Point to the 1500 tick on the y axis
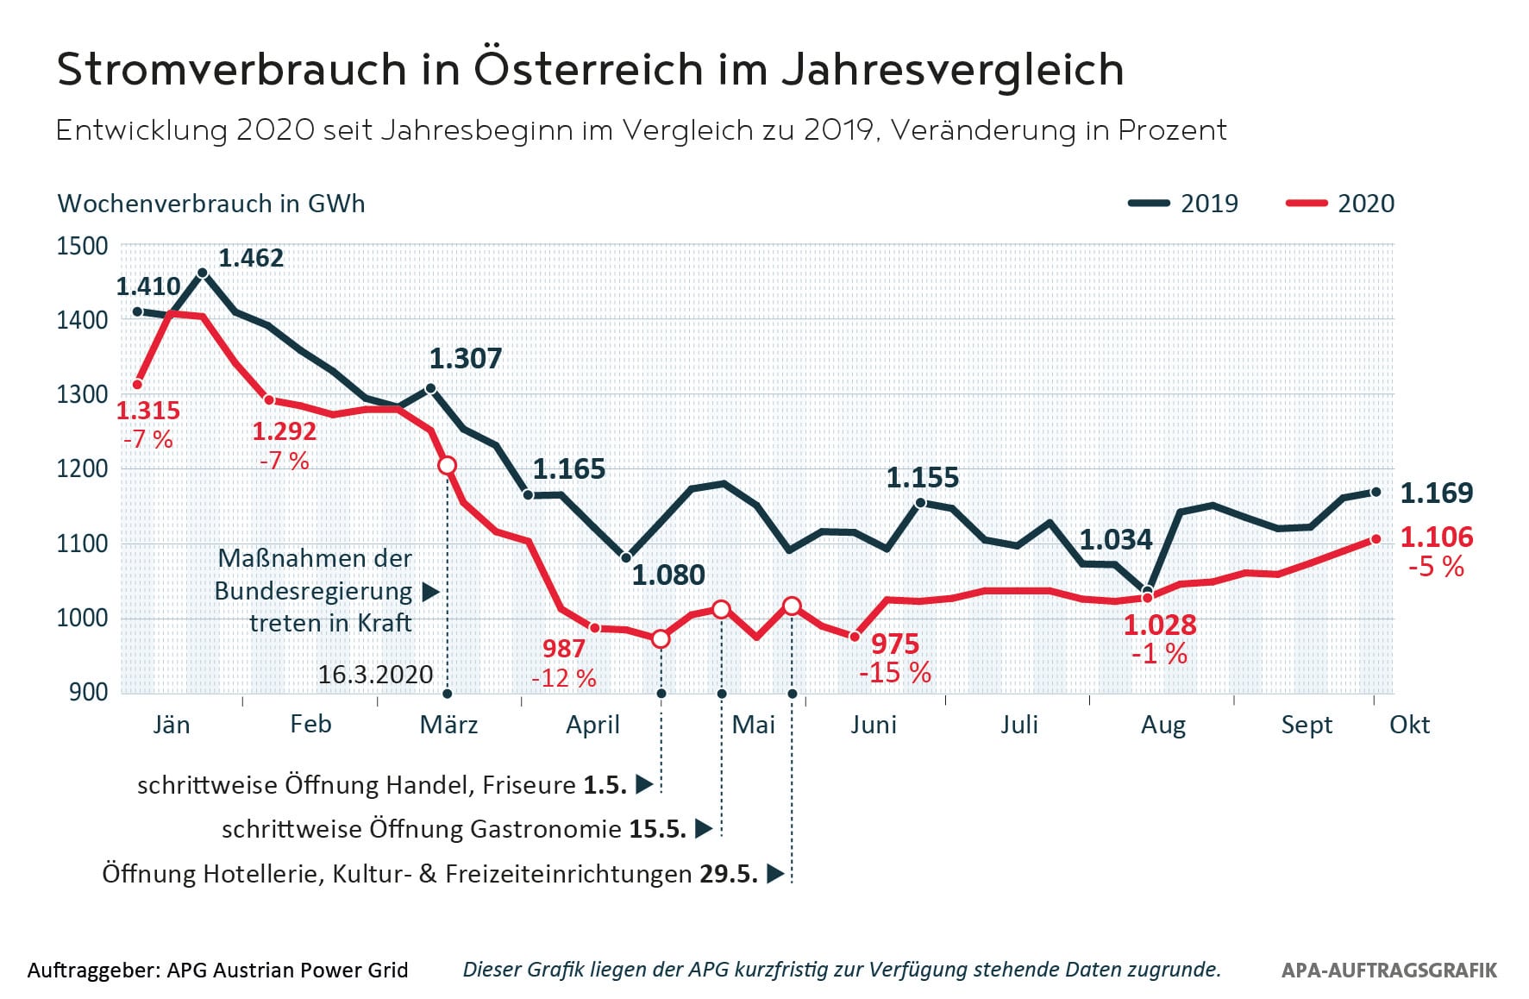point(83,246)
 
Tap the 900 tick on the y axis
point(88,692)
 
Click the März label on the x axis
point(448,725)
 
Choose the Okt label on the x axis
point(1409,725)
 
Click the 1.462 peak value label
point(251,258)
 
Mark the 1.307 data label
point(466,359)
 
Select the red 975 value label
point(895,644)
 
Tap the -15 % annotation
point(895,673)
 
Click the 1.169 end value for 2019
point(1437,493)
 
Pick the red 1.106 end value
point(1437,537)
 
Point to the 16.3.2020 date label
point(375,675)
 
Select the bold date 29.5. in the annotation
point(729,874)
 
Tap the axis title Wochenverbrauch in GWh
point(211,204)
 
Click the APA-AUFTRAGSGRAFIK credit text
point(1389,971)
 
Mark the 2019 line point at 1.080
point(626,558)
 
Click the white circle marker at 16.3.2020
point(447,466)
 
